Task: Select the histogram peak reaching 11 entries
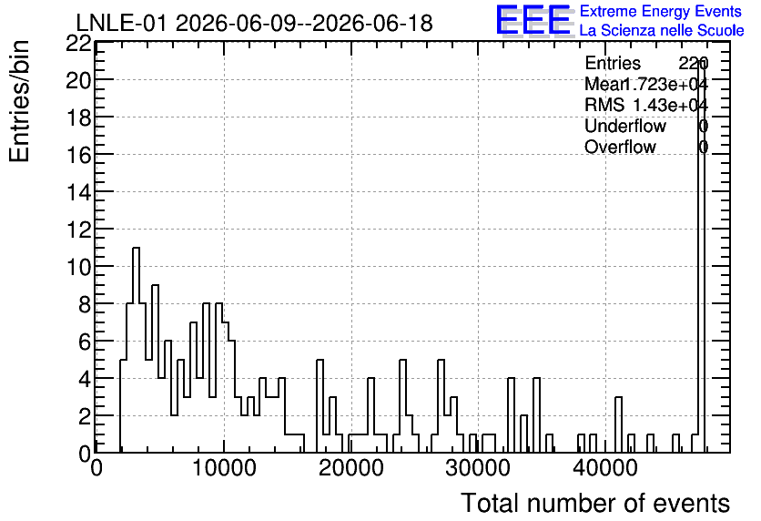(136, 350)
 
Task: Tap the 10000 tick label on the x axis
(224, 468)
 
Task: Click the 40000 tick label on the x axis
(605, 468)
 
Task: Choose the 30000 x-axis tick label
(478, 468)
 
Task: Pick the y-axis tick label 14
(78, 192)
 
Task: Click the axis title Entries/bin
(19, 101)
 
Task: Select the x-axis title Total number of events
(595, 503)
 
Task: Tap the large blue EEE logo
(533, 20)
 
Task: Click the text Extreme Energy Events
(661, 11)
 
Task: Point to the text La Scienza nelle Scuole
(662, 30)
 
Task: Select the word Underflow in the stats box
(625, 126)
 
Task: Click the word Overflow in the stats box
(620, 147)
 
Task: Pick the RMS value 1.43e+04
(671, 105)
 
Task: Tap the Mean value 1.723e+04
(665, 84)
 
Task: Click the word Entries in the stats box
(613, 63)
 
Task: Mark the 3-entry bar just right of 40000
(618, 424)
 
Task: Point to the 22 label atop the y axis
(78, 44)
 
